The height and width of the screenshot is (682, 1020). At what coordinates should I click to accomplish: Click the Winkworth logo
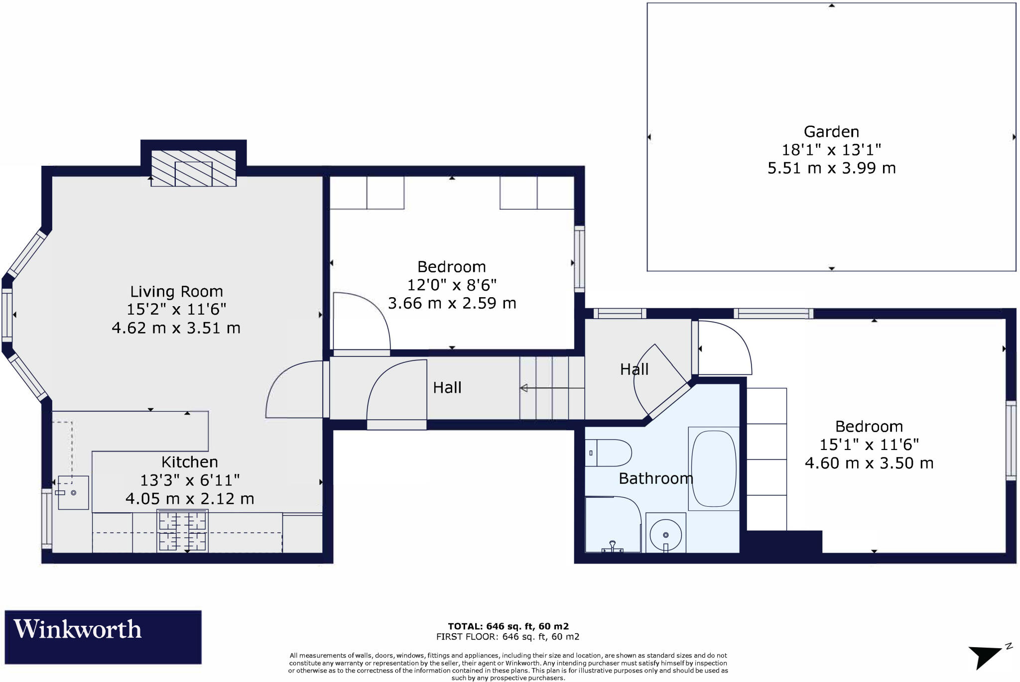click(103, 637)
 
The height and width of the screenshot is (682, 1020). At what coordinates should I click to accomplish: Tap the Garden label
click(831, 132)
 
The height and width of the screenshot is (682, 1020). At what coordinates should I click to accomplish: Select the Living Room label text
click(176, 291)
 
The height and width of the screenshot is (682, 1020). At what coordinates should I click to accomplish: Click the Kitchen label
click(189, 462)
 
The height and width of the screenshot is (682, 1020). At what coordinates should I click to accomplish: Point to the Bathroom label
click(656, 478)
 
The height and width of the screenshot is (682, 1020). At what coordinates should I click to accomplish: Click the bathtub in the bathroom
click(714, 468)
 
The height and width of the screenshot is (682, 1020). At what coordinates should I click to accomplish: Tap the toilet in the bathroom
click(608, 453)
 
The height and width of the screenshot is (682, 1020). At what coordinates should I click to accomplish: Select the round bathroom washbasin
click(666, 535)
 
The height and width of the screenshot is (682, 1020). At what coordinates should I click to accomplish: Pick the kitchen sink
click(73, 493)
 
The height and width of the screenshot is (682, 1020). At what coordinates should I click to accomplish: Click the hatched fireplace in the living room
click(193, 168)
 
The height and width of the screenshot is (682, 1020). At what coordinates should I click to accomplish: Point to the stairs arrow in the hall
click(544, 388)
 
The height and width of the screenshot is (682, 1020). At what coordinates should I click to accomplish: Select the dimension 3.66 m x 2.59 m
click(452, 303)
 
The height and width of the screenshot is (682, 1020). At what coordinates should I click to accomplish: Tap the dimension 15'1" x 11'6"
click(869, 445)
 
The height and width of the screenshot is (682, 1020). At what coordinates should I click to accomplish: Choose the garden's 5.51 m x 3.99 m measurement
click(831, 168)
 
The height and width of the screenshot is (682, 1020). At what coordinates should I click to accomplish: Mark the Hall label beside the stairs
click(447, 388)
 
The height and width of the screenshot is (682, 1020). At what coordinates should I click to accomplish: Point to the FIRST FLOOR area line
click(508, 637)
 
